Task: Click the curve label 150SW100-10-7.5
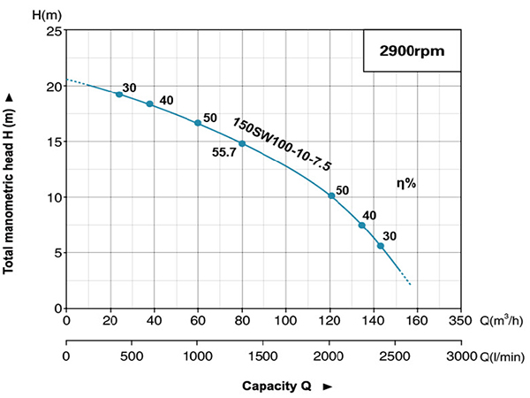(x=282, y=143)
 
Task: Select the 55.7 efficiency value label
(x=224, y=152)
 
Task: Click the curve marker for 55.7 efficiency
(x=241, y=143)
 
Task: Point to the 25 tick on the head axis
(x=54, y=31)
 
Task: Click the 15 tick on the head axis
(x=54, y=142)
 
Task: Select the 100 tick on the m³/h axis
(x=285, y=320)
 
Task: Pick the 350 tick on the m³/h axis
(x=460, y=320)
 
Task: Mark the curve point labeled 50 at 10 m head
(x=331, y=195)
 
